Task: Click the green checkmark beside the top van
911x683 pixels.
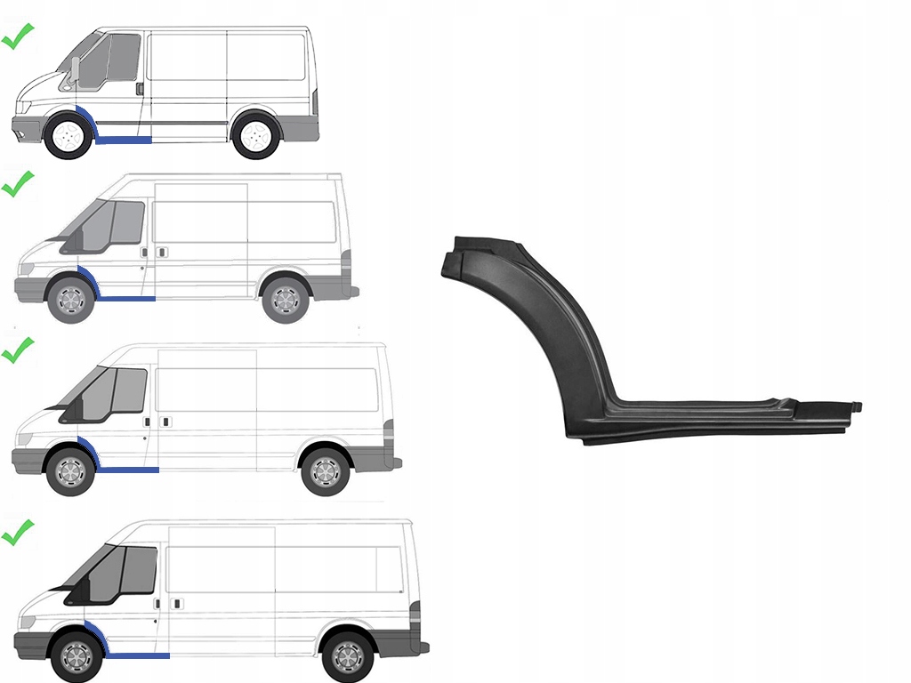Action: pos(17,39)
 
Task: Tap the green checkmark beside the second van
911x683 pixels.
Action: pos(17,184)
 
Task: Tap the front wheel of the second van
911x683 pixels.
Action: pos(69,300)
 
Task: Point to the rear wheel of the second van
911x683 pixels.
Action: pos(286,300)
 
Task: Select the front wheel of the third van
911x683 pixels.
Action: pos(69,472)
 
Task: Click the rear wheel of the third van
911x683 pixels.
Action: pos(325,471)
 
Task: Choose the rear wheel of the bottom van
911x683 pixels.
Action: pos(347,656)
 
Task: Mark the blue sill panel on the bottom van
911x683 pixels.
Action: pos(138,655)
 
